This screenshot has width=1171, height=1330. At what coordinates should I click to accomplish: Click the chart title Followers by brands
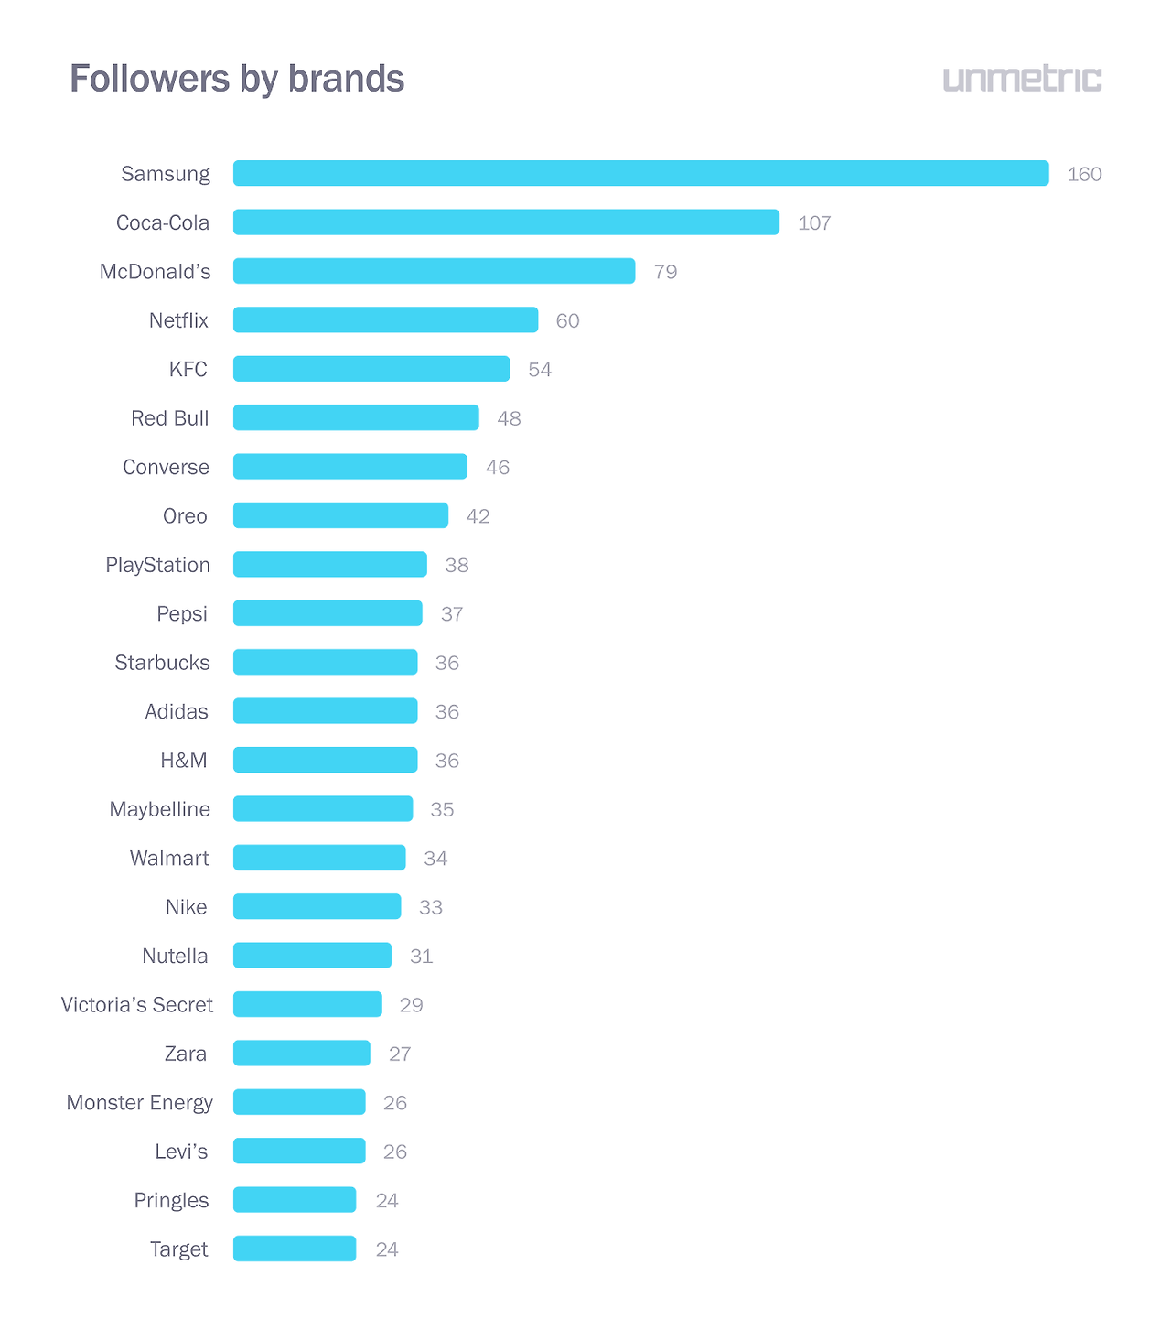click(237, 79)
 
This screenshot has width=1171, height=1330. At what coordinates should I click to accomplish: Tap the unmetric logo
click(1022, 79)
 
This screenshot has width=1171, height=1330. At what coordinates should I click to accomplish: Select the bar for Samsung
click(640, 173)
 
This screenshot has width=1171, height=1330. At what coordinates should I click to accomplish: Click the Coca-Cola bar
click(506, 222)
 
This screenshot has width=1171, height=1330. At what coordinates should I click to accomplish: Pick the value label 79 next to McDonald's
click(665, 272)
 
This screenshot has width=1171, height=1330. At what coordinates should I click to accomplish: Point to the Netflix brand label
click(178, 320)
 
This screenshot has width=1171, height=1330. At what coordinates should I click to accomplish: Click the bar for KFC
click(371, 369)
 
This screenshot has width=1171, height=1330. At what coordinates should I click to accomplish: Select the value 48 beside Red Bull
click(509, 418)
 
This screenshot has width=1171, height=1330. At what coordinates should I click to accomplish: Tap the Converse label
click(166, 467)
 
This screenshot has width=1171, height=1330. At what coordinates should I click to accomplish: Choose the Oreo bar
click(340, 515)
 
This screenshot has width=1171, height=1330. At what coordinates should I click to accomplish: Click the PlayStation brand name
click(157, 565)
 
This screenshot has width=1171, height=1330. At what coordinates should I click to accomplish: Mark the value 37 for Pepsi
click(452, 614)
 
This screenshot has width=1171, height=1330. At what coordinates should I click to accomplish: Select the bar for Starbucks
click(325, 662)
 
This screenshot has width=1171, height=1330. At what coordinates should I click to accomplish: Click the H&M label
click(184, 761)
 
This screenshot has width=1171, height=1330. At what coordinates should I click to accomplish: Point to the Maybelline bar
click(323, 809)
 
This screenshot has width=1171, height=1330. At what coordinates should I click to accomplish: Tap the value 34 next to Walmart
click(435, 859)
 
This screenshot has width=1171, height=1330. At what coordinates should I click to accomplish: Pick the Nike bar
click(317, 906)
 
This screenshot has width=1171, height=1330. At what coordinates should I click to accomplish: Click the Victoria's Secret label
click(136, 1005)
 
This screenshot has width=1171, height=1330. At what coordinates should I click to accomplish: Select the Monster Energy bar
click(299, 1102)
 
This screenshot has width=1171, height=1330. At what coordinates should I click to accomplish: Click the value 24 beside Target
click(387, 1249)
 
